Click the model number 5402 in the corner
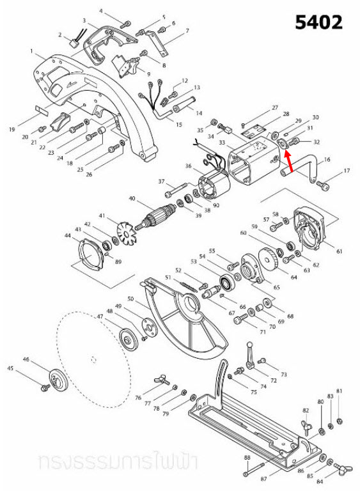tap(318, 22)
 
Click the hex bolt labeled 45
tap(45, 387)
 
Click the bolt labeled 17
tap(322, 185)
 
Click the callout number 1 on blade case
tap(31, 51)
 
